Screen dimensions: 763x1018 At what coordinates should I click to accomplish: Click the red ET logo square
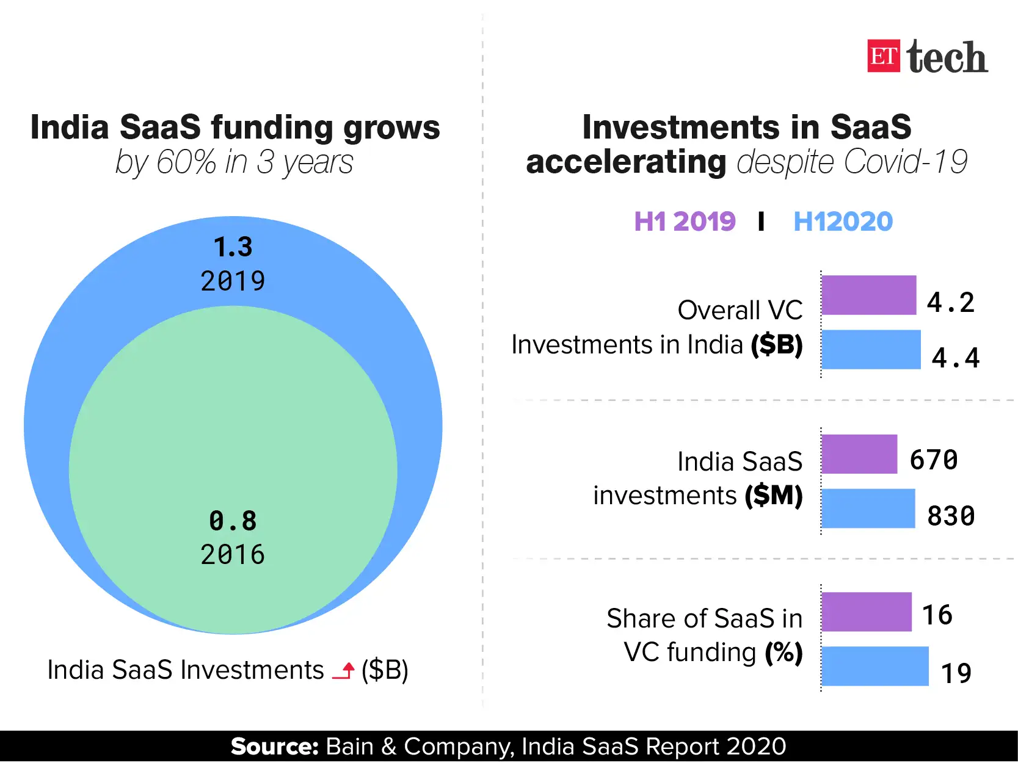pos(883,56)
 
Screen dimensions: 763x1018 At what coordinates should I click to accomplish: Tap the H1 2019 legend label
pos(685,222)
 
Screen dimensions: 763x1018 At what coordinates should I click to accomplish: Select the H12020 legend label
pos(843,222)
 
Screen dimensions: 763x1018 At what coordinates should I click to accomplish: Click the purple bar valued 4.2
pos(868,295)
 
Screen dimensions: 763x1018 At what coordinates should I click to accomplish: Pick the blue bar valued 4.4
pos(871,350)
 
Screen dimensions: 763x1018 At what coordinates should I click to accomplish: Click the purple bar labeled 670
pos(859,454)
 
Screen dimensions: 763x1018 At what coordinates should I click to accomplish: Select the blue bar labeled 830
pos(868,508)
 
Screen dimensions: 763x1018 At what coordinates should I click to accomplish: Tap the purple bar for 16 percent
pos(866,612)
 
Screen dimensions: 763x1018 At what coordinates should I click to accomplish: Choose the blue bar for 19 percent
pos(874,666)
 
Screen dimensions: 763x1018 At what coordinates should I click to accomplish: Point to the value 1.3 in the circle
pos(233,247)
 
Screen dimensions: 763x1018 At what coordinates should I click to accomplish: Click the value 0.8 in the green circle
pos(233,521)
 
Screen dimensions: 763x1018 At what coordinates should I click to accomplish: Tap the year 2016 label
pos(233,555)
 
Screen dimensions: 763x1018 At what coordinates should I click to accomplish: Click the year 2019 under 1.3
pos(233,281)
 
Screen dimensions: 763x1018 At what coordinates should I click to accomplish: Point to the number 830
pos(950,516)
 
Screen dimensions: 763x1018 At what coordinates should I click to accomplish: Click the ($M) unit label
pos(773,495)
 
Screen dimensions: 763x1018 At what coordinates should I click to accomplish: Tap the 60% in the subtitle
pos(186,162)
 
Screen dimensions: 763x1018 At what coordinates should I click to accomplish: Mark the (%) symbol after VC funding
pos(783,653)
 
